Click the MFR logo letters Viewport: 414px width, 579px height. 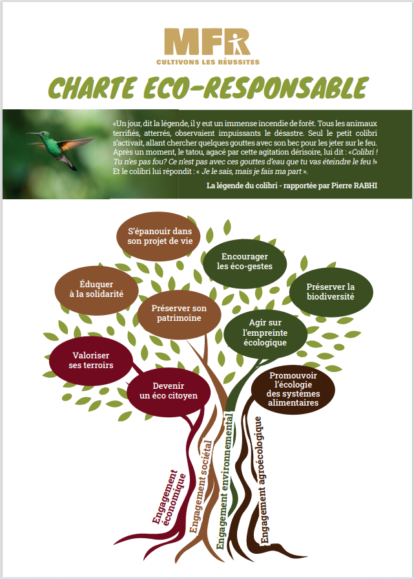point(207,41)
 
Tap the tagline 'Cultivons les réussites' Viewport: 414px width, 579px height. point(208,62)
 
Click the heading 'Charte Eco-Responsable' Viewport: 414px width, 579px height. point(208,88)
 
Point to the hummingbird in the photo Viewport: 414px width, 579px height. point(61,147)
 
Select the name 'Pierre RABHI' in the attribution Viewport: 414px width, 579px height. point(355,186)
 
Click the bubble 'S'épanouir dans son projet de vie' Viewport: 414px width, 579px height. point(158,236)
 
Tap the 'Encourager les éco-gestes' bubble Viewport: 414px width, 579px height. point(245,261)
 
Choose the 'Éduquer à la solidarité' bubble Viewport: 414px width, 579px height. point(97,290)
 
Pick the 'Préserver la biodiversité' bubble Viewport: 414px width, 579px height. point(331,292)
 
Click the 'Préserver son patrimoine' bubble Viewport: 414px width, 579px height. point(179,314)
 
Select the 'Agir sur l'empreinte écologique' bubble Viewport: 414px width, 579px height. point(265,333)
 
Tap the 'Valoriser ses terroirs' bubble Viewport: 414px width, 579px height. point(91,360)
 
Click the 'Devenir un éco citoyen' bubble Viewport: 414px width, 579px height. point(169,391)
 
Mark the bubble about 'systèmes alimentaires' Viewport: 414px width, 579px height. point(293,389)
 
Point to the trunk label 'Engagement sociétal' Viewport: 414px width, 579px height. point(201,486)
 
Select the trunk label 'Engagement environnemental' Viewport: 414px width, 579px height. point(225,481)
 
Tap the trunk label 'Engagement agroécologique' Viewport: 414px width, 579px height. point(262,480)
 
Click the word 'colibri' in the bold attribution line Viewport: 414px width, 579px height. point(267,186)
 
